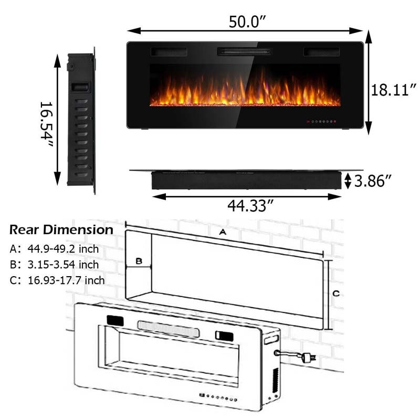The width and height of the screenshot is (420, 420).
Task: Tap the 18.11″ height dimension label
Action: [393, 90]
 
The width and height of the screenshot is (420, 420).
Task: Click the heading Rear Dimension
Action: [61, 230]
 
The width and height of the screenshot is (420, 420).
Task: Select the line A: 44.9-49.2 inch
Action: [54, 249]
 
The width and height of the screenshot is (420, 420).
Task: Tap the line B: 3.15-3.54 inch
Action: [54, 264]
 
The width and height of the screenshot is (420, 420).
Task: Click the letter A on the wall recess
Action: [223, 232]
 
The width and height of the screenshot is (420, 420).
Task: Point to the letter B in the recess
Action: [139, 261]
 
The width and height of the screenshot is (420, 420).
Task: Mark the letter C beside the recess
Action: [336, 292]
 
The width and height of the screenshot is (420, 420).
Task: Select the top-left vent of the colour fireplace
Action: [169, 52]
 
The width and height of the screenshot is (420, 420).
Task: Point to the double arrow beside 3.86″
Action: [348, 181]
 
